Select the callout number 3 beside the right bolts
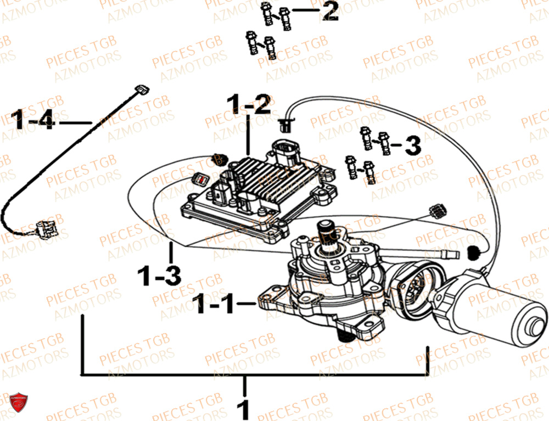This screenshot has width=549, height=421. [x=412, y=146]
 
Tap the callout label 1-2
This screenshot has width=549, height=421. [x=249, y=105]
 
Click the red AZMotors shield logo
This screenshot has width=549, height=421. [x=19, y=402]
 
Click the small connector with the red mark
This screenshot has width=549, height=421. [x=201, y=178]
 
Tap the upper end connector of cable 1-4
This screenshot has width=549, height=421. [x=142, y=88]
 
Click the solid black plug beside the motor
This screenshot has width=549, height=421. [x=473, y=252]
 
